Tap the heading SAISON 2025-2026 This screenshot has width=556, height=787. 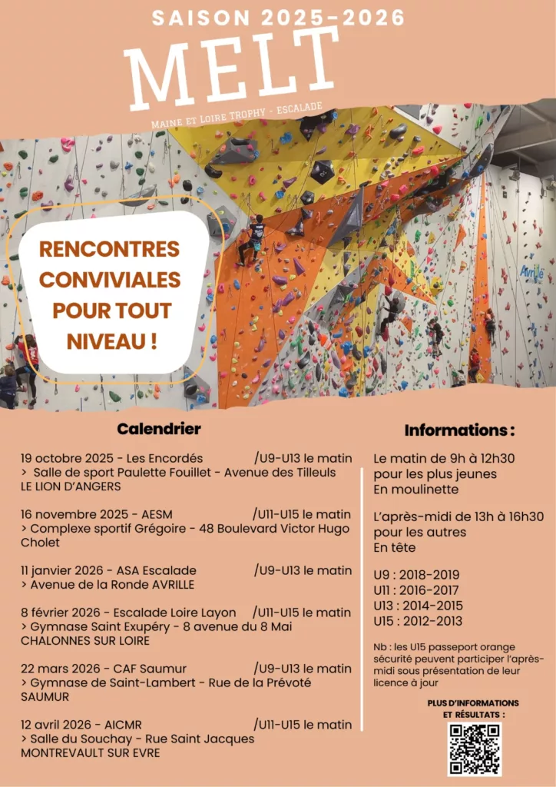278,18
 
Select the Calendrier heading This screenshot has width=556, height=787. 159,429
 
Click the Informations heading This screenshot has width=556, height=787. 459,430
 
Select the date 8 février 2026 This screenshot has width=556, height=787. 63,613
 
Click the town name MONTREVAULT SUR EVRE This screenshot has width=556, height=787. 91,752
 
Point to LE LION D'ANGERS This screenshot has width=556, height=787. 71,486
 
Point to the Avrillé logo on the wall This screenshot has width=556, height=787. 531,271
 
